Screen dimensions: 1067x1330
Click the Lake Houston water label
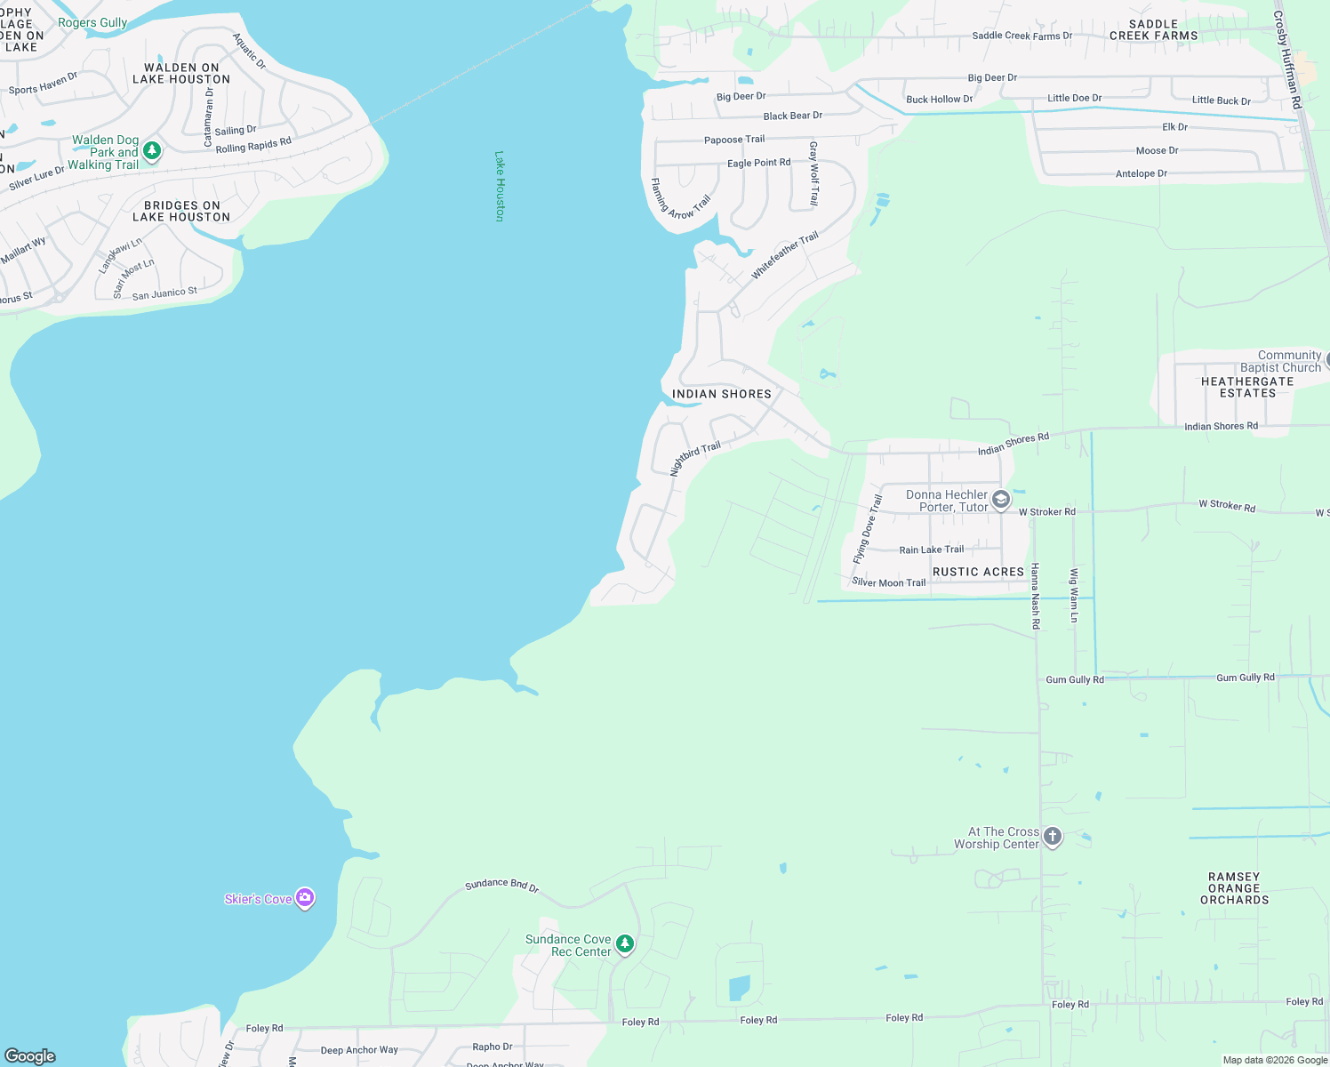(x=500, y=186)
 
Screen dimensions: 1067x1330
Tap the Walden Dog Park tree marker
(x=152, y=151)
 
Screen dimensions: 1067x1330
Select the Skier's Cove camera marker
(x=305, y=898)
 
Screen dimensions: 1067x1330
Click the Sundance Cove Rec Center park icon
(x=625, y=944)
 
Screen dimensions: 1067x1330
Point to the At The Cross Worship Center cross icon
(x=1053, y=837)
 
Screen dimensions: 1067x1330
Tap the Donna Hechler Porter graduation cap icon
(x=1001, y=500)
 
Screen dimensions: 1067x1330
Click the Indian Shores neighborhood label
(x=721, y=394)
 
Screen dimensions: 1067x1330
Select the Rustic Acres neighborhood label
(x=978, y=572)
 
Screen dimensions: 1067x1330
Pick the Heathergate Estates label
(x=1247, y=387)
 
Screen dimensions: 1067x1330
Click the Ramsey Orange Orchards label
(x=1234, y=888)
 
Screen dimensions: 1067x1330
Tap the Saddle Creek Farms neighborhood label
(x=1153, y=30)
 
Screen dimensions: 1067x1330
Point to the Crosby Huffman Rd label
(x=1286, y=60)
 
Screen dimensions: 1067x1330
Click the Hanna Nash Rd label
(x=1035, y=596)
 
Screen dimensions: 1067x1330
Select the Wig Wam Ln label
(x=1074, y=595)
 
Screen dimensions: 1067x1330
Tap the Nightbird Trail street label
(x=694, y=459)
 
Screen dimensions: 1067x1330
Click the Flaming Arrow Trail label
(x=680, y=201)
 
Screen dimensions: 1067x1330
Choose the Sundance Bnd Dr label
(x=501, y=885)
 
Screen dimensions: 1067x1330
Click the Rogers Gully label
(x=92, y=22)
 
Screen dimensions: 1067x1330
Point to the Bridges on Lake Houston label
(x=181, y=211)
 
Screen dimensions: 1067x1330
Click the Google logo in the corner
(x=30, y=1055)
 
